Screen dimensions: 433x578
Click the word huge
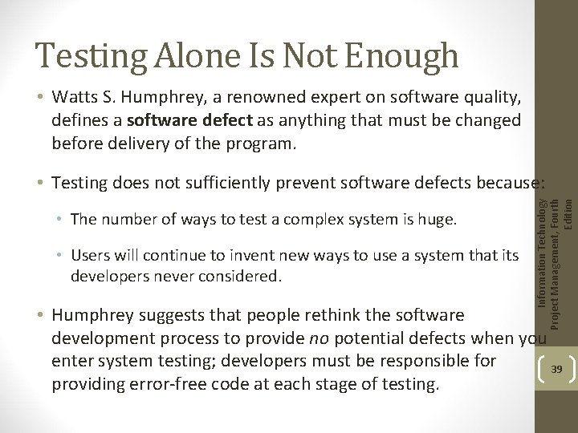coord(440,220)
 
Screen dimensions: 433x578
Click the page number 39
coord(556,369)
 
